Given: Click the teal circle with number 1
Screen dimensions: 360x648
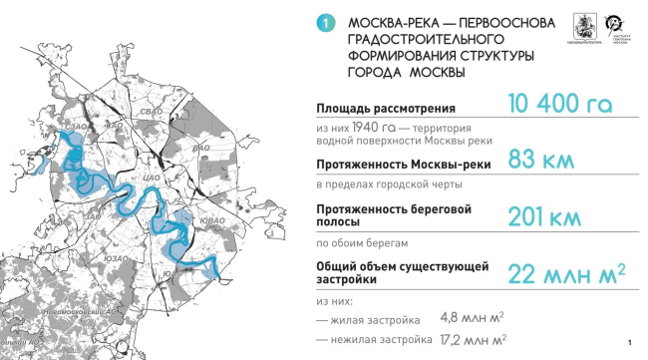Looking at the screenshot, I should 321,23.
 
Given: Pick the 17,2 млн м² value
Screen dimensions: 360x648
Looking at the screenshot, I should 475,341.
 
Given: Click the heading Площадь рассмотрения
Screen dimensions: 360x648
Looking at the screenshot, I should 386,108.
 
